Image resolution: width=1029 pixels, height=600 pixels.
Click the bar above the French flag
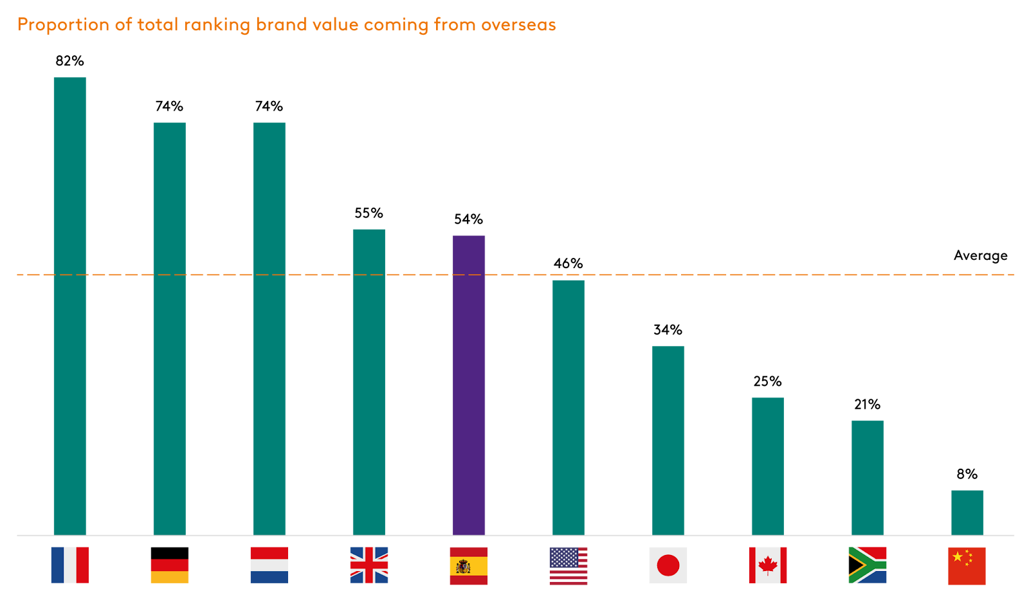point(70,305)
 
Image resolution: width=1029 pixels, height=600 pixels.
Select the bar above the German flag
point(170,328)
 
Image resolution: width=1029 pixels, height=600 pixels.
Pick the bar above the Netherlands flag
point(269,328)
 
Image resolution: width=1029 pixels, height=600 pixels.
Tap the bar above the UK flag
point(369,381)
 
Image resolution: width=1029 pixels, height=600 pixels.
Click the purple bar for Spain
point(469,385)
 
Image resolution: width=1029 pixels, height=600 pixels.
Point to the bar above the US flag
point(569,407)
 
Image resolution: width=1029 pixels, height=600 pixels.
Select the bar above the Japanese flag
point(668,440)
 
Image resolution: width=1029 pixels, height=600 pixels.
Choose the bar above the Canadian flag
point(768,466)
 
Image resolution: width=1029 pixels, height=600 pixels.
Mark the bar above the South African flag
point(868,477)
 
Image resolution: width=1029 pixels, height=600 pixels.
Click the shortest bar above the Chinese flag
point(967,512)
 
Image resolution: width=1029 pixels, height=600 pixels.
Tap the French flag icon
point(70,565)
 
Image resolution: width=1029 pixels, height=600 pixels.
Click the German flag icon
point(170,571)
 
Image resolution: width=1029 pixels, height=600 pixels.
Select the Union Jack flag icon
point(369,565)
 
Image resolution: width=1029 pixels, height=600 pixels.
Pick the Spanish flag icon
point(469,566)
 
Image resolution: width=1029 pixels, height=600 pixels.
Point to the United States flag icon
point(569,566)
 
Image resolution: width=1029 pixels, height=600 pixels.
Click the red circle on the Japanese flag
point(668,566)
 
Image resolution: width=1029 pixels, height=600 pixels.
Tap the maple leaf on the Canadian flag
point(768,566)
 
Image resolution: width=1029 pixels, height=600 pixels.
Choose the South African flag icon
point(868,565)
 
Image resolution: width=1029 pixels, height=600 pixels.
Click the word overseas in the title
point(518,25)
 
